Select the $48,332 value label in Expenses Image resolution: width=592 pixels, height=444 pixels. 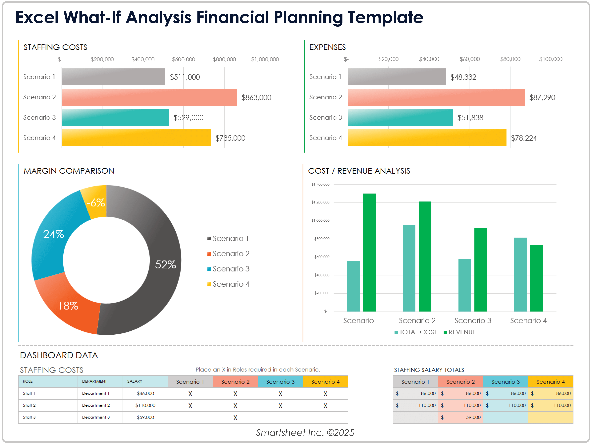463,77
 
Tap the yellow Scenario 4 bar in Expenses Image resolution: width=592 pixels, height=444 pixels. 427,138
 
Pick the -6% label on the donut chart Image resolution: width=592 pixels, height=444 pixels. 96,203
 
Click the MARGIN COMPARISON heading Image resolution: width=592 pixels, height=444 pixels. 69,171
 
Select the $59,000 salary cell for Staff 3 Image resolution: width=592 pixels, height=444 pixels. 145,417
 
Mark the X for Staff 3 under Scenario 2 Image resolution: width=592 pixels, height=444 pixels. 235,418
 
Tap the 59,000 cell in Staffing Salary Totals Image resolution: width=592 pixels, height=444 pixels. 473,417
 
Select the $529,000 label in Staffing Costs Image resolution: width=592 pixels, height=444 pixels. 188,118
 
